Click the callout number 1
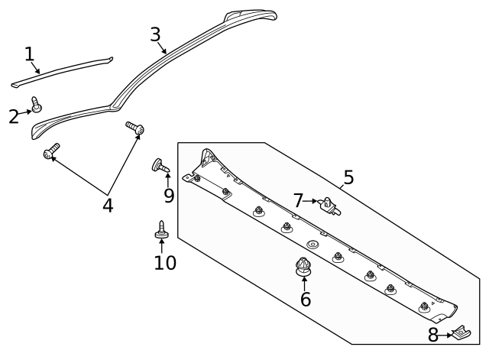[29, 54]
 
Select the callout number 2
[13, 116]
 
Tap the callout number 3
[155, 34]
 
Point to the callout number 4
[108, 205]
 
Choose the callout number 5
[348, 178]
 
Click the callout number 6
[306, 299]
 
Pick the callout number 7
[299, 200]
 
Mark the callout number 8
[433, 335]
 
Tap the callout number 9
[169, 195]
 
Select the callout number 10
[165, 263]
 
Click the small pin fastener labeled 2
[36, 105]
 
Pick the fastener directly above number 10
[162, 228]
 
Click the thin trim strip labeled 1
[61, 70]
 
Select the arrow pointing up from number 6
[305, 283]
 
